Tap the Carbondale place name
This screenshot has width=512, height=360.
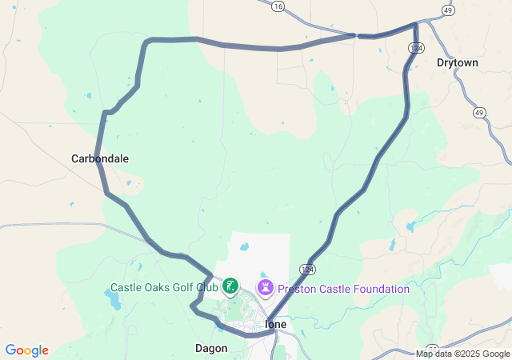[100, 158]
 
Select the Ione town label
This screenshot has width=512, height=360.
[275, 324]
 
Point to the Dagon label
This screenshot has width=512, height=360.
[211, 348]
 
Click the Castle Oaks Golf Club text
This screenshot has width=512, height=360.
[164, 287]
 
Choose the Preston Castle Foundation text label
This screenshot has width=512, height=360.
[343, 289]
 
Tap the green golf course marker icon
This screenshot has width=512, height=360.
[230, 286]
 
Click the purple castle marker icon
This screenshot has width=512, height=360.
[265, 286]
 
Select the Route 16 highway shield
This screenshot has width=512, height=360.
[278, 6]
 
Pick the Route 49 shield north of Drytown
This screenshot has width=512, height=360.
[448, 11]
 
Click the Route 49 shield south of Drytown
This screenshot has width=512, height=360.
[479, 113]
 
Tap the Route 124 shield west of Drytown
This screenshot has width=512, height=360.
[415, 49]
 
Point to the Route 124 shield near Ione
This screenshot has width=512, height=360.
[309, 269]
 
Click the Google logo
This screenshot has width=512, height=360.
[26, 350]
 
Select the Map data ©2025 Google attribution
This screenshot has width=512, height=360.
[462, 354]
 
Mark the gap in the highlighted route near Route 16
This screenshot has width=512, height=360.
[356, 35]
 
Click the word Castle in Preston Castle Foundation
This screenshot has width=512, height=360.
[332, 289]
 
